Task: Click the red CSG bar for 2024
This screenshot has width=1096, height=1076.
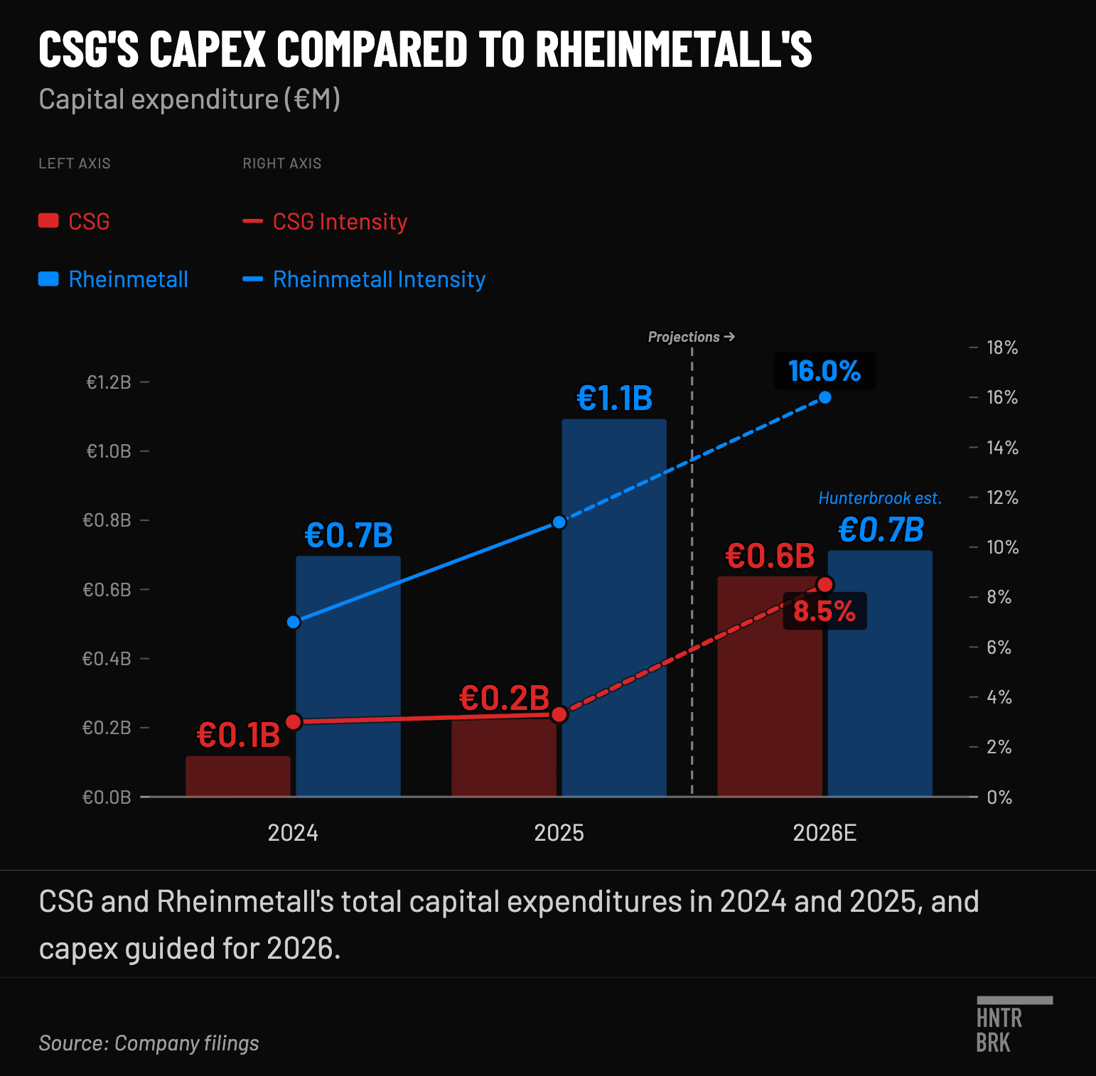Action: (238, 776)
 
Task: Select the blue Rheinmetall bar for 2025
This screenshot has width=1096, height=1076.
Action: (614, 608)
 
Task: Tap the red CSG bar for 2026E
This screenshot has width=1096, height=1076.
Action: (770, 687)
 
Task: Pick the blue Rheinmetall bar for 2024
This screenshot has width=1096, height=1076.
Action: (348, 676)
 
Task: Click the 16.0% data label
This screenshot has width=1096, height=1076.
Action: (824, 371)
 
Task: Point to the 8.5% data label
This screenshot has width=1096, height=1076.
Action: (824, 611)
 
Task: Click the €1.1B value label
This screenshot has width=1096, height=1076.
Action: (615, 399)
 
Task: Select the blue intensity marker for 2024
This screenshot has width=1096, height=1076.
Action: (294, 622)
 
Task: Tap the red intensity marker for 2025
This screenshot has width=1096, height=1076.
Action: (559, 714)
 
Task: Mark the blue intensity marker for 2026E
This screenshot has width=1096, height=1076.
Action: (825, 397)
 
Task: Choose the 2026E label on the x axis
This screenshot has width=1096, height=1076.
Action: (824, 833)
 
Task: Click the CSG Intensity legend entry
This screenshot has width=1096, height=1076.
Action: (326, 222)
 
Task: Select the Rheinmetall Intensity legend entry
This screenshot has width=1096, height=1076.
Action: (365, 279)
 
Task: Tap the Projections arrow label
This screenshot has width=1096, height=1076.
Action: (692, 337)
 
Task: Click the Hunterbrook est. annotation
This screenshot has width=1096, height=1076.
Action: (880, 498)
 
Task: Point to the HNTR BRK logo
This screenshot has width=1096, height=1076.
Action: (1014, 1025)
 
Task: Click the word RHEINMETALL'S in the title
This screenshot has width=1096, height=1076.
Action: (674, 49)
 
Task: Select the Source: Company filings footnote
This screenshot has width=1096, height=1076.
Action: (149, 1043)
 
